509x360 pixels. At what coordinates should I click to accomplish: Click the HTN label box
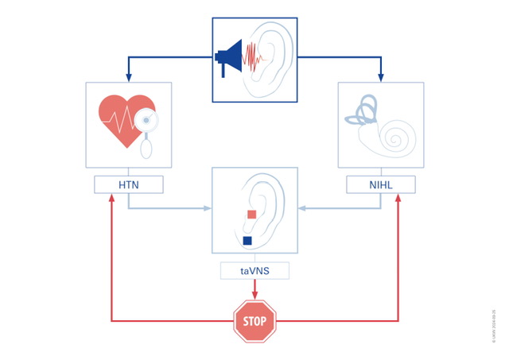(x=128, y=185)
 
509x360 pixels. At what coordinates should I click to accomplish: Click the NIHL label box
(x=381, y=185)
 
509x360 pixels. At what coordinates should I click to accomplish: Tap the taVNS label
(x=254, y=271)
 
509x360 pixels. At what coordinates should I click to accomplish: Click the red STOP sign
(x=254, y=321)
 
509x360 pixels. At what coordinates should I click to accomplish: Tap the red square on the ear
(x=251, y=214)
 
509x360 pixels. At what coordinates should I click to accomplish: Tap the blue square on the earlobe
(x=247, y=240)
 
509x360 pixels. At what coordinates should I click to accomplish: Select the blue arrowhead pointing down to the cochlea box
(x=381, y=78)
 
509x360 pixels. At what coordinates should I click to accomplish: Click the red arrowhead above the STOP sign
(x=254, y=296)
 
